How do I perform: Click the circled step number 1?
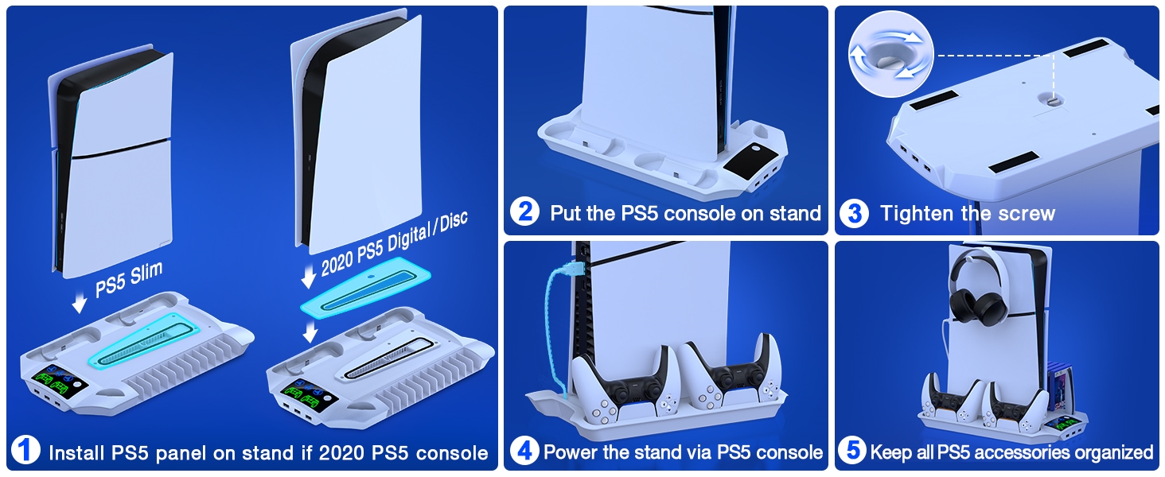(x=25, y=450)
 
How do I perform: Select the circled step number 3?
(x=855, y=213)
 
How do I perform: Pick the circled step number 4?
(x=524, y=450)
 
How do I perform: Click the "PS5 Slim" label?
(x=129, y=279)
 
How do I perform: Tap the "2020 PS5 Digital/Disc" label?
(x=394, y=243)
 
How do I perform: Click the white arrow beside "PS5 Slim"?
(x=79, y=302)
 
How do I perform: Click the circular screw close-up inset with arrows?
(x=891, y=55)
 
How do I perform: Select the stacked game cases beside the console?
(x=1058, y=387)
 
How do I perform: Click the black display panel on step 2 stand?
(x=750, y=160)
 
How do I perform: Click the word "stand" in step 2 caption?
(x=793, y=213)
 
